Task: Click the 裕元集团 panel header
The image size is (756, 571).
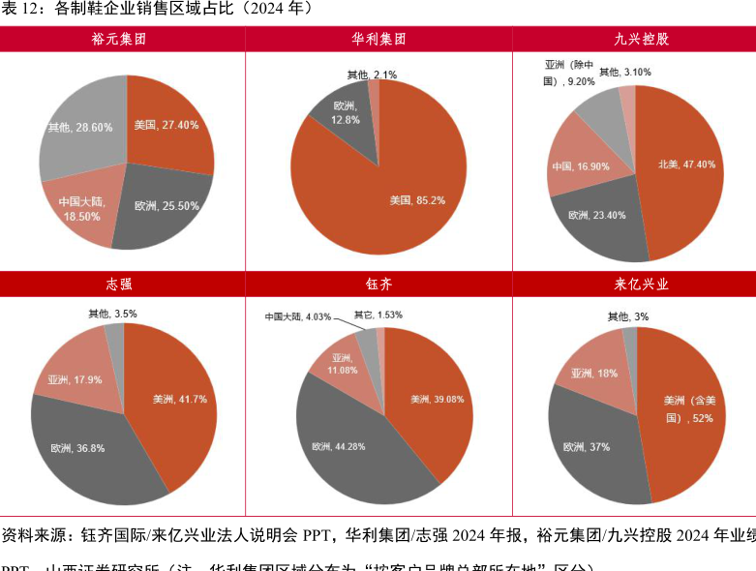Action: click(122, 40)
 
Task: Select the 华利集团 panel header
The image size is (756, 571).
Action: click(378, 40)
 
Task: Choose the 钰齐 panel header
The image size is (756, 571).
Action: click(378, 285)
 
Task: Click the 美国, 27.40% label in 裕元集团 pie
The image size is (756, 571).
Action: click(166, 125)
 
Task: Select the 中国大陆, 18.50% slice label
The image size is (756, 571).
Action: click(78, 209)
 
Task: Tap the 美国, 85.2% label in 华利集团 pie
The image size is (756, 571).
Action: click(417, 200)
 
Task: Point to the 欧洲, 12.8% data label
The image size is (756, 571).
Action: click(346, 112)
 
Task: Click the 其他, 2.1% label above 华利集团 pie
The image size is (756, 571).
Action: click(372, 75)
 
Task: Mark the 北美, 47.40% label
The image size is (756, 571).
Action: click(686, 165)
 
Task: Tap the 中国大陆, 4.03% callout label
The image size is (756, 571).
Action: click(298, 316)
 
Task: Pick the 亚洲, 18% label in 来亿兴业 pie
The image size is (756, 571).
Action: click(594, 373)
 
